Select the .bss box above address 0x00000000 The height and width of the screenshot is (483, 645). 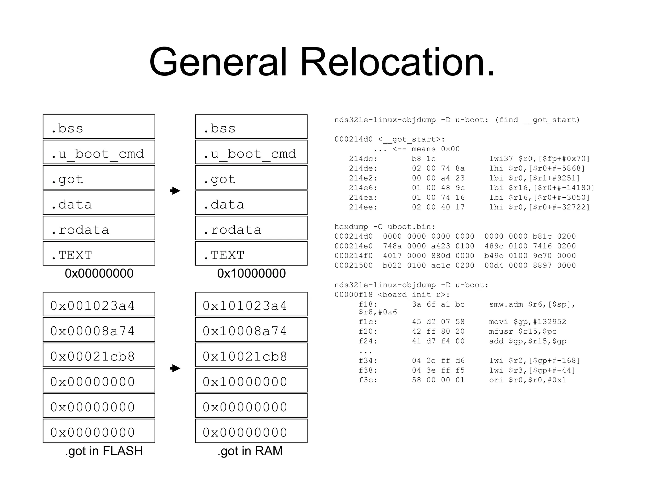coord(99,127)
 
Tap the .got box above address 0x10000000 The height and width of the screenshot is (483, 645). coord(251,177)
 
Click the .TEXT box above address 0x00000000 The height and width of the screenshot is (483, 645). coord(99,253)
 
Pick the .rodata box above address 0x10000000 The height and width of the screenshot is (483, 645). coord(251,228)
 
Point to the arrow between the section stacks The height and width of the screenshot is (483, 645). coord(175,191)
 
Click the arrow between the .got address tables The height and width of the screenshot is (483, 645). coord(175,368)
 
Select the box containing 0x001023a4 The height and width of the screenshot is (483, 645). coord(99,304)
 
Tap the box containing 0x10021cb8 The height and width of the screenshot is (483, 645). coord(251,355)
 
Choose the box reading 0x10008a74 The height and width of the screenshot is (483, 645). coord(251,330)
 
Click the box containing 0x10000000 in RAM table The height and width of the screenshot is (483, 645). coord(251,380)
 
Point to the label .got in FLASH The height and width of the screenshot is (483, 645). coord(104,451)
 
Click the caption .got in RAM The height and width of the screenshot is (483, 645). coord(250,451)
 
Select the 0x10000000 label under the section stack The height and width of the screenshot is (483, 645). coord(251,273)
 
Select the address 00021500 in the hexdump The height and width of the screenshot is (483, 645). coord(353,265)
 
